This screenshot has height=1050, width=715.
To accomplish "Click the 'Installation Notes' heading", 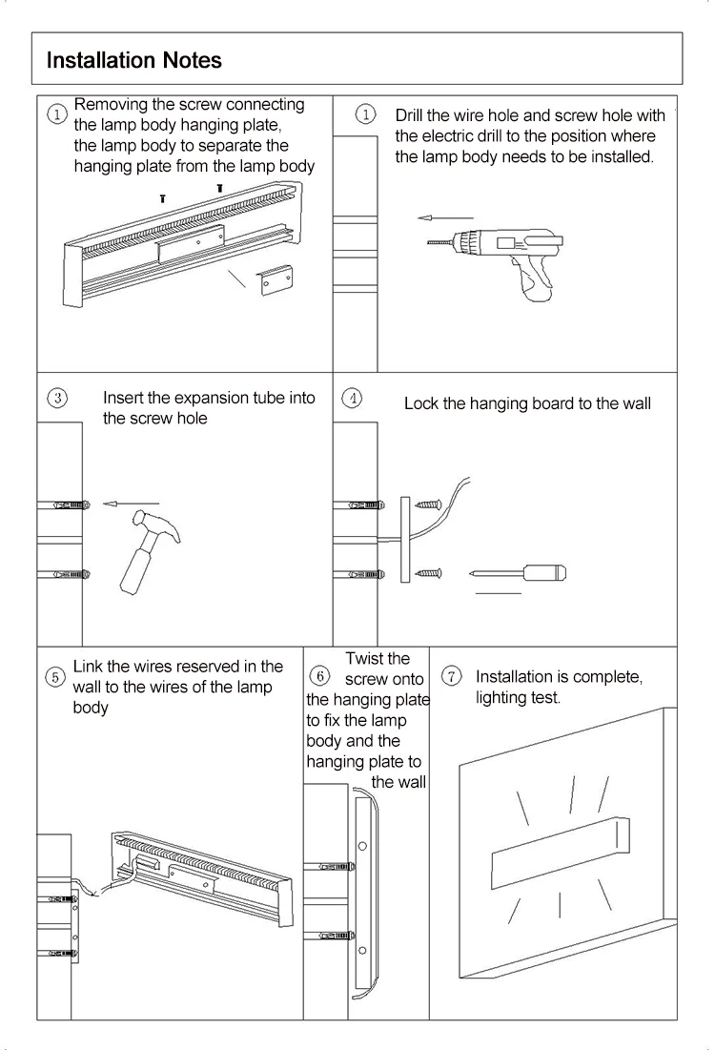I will [134, 60].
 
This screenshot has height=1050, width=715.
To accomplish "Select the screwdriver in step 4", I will [520, 573].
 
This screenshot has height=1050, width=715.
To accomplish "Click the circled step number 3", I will [57, 398].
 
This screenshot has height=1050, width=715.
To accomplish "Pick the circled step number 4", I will [353, 399].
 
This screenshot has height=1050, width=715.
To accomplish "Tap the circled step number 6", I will [321, 676].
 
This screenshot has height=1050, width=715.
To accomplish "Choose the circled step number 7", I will [452, 676].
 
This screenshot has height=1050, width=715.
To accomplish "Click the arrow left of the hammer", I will [131, 503].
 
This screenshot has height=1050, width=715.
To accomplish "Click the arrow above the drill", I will [445, 218].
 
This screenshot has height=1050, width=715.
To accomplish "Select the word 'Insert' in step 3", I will [123, 398].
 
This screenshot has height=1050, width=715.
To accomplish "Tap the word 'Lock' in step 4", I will [421, 403].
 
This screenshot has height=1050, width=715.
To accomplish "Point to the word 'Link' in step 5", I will [88, 667].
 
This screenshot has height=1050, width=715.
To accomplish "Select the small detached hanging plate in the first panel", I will [276, 279].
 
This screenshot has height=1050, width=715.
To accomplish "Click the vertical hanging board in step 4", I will [405, 539].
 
